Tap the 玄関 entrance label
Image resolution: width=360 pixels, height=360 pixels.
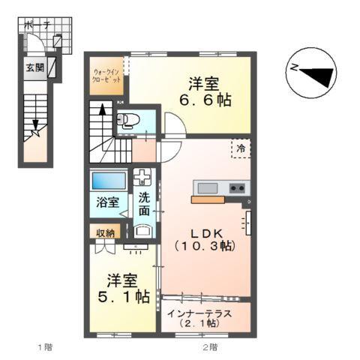pos(34,68)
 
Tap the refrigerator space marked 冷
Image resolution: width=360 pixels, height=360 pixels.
pos(241,148)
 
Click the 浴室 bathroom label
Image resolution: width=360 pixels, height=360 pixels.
pos(107,202)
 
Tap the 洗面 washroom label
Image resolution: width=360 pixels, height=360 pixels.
pos(143,204)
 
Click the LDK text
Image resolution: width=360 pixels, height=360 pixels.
pos(205,232)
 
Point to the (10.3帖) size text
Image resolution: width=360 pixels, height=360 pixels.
pos(205,246)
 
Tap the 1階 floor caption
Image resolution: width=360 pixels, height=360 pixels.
pos(45,347)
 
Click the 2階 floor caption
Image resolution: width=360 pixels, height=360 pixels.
pos(208,347)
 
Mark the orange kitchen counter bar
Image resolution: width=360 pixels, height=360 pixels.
pos(212,199)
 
